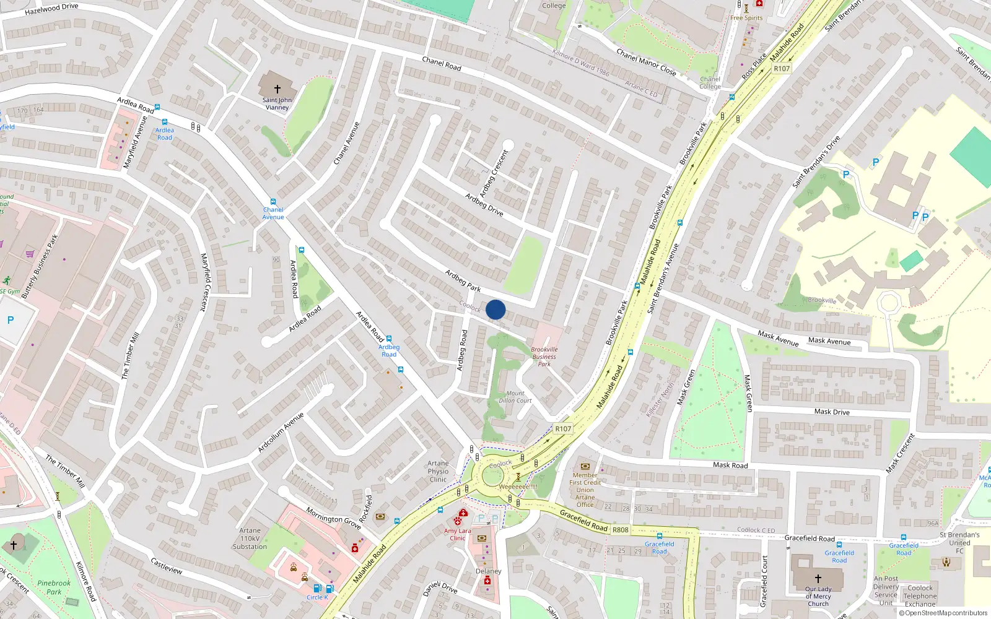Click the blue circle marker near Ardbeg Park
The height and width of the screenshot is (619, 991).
[x=495, y=309]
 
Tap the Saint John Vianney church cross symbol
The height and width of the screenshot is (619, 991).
[x=277, y=89]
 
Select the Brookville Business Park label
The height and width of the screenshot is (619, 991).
[x=544, y=357]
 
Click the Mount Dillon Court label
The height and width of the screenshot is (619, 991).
[x=515, y=397]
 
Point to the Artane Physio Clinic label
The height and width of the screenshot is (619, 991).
[x=438, y=471]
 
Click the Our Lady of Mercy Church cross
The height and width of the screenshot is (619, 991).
[x=818, y=578]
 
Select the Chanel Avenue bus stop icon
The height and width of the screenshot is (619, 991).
[x=273, y=202]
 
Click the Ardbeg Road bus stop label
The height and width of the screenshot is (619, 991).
[x=389, y=350]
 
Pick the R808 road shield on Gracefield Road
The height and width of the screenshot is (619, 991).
[x=620, y=530]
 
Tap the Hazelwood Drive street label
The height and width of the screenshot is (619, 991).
[x=51, y=9]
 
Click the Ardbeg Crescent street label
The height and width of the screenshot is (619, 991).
[x=494, y=174]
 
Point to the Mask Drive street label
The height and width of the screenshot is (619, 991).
[x=831, y=412]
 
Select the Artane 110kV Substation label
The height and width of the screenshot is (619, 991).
[x=250, y=539]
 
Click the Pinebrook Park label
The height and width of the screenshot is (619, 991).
[x=54, y=587]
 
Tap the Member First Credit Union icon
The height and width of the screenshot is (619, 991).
[x=585, y=465]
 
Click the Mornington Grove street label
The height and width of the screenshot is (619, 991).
[x=333, y=518]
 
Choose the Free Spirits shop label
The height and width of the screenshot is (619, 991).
[x=746, y=18]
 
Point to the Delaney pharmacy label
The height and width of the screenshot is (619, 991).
[x=488, y=571]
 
